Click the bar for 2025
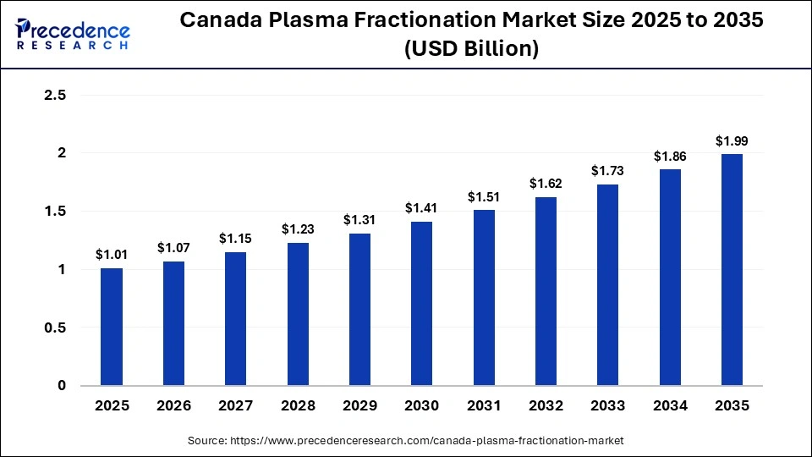[112, 327]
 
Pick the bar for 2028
[298, 314]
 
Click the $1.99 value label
[732, 141]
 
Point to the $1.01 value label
[112, 255]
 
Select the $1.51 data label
[483, 197]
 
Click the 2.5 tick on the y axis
[55, 96]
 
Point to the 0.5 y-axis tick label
[55, 328]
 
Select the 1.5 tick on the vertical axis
[55, 212]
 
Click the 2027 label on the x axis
[235, 406]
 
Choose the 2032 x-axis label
[546, 406]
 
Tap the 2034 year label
[669, 406]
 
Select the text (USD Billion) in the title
[472, 50]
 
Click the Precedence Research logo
[73, 34]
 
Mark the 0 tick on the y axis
[61, 386]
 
